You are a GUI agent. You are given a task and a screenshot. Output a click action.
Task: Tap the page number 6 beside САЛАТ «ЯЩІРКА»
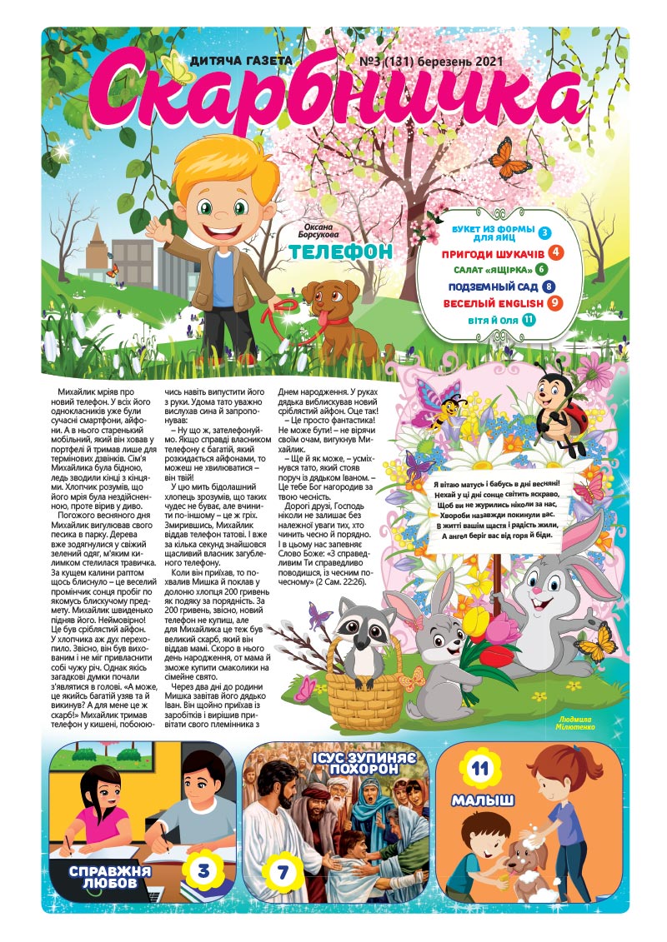point(541,269)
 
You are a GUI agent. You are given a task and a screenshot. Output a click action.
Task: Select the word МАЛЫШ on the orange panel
point(483,802)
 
